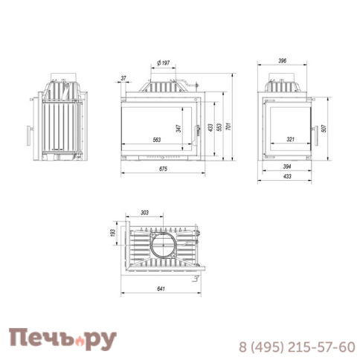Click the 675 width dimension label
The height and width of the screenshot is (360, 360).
pos(163,170)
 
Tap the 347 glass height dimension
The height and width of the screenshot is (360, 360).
pos(179,127)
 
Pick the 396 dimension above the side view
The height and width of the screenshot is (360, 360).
pos(282,61)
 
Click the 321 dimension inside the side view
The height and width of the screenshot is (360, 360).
pos(292,138)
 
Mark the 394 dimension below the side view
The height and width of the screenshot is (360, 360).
pos(287,167)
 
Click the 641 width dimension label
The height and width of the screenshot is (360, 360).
pos(162,287)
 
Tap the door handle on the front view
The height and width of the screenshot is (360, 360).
pos(198,132)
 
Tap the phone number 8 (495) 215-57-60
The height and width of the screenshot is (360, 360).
pos(297,347)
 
